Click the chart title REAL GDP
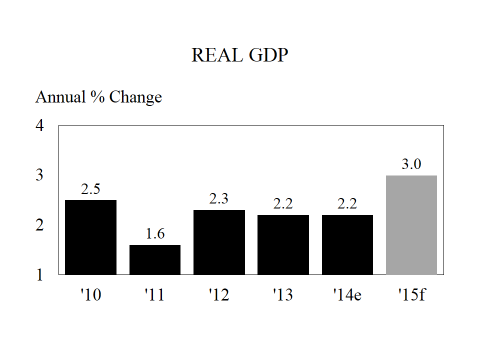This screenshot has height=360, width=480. coord(240,56)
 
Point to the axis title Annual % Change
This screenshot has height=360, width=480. coord(99,97)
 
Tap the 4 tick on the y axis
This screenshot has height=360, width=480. coord(40,126)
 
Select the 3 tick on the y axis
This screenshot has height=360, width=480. coord(40,175)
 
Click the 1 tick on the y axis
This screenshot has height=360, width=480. coord(40,274)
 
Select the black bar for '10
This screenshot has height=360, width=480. coord(91,237)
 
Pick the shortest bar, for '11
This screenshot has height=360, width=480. coord(155,259)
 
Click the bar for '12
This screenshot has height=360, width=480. coord(219,242)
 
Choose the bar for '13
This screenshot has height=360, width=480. coord(283,244)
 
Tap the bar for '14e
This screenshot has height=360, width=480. coord(347,244)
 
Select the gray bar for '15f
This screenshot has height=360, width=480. coord(411,225)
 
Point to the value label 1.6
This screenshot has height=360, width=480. coord(155,234)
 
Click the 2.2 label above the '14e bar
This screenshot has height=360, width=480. coord(347,204)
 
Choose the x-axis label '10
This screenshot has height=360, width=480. coord(91,295)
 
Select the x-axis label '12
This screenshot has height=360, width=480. coord(219,295)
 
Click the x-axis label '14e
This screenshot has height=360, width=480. coord(347,295)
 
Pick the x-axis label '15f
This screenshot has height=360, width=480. coord(411,295)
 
